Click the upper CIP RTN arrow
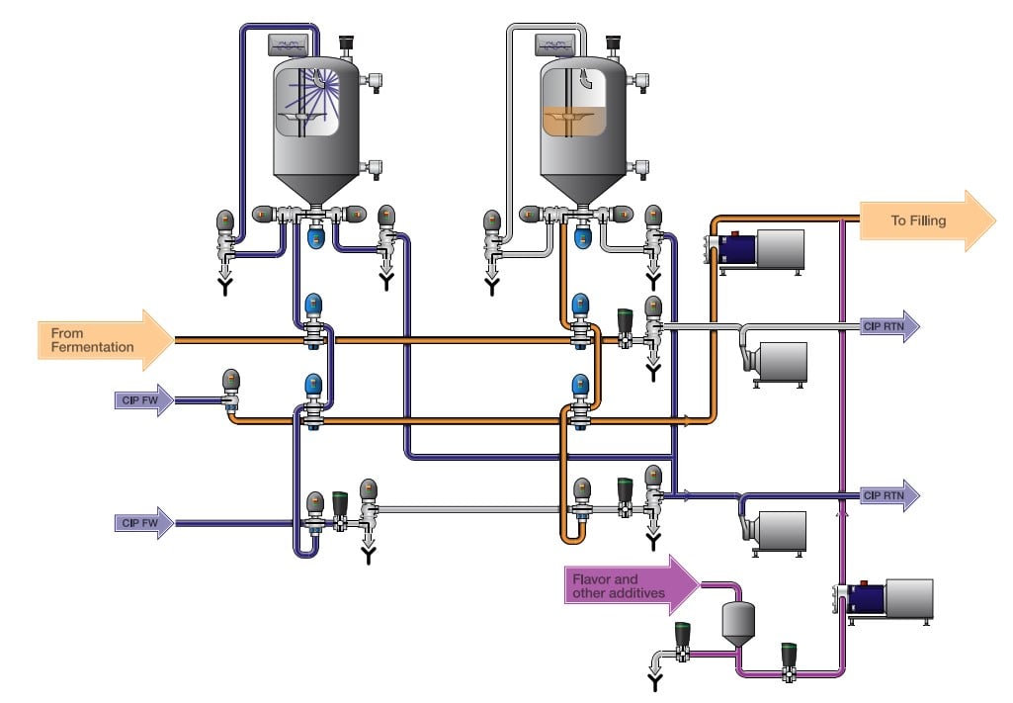pos(888,325)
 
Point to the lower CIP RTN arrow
pos(888,494)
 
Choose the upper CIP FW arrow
pos(143,400)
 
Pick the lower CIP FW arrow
pos(143,522)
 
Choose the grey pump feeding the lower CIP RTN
pos(776,530)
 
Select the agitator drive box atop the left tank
pos(291,44)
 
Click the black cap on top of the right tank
pos(613,43)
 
